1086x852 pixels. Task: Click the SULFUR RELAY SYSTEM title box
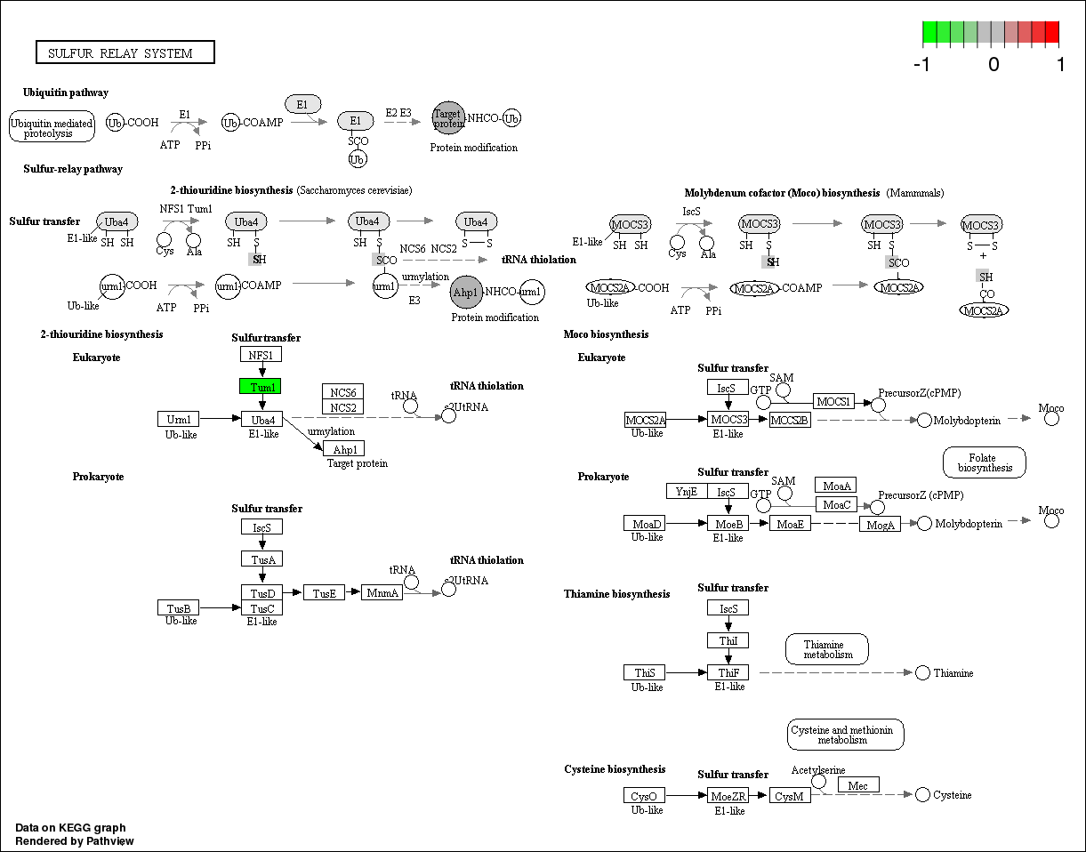point(125,53)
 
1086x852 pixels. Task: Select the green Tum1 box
point(261,387)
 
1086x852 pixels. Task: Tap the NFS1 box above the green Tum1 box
point(261,355)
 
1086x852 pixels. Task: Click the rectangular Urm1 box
point(179,419)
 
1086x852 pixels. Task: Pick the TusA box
point(261,559)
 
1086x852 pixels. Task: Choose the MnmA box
point(382,592)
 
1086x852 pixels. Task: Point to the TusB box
point(179,608)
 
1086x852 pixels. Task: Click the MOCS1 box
point(834,402)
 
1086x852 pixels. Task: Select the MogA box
point(881,524)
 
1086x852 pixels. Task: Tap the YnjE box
point(687,491)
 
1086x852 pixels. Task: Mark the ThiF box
point(728,672)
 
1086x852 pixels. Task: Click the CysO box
point(645,795)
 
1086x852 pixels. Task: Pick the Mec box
point(858,785)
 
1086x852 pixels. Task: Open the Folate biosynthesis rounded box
point(984,462)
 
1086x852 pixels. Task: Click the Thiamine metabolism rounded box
point(827,649)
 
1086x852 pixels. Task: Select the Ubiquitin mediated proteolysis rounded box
point(52,127)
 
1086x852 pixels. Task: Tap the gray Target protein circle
point(448,118)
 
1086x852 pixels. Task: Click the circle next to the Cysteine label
point(922,794)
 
